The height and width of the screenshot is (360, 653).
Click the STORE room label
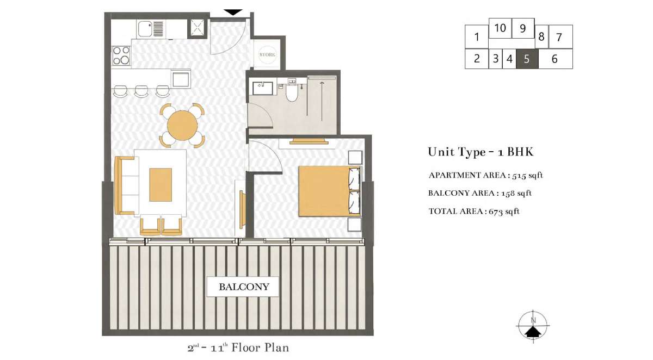pyautogui.click(x=267, y=55)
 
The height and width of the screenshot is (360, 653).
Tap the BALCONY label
pyautogui.click(x=244, y=287)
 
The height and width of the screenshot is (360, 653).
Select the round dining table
pyautogui.click(x=182, y=126)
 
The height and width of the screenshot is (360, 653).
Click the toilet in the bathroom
pyautogui.click(x=292, y=90)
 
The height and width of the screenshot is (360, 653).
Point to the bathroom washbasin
pyautogui.click(x=262, y=88)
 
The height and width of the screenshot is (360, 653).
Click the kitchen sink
pyautogui.click(x=145, y=29)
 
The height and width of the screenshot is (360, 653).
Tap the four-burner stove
pyautogui.click(x=121, y=55)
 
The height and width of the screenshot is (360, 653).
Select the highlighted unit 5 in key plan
pyautogui.click(x=527, y=59)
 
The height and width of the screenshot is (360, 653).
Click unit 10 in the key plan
pyautogui.click(x=500, y=28)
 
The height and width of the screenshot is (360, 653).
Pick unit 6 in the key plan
pyautogui.click(x=555, y=59)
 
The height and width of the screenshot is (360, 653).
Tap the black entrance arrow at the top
pyautogui.click(x=233, y=12)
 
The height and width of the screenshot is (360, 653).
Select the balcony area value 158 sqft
pyautogui.click(x=516, y=193)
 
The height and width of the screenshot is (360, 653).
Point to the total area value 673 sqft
pyautogui.click(x=504, y=211)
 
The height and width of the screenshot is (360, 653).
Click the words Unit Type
pyautogui.click(x=457, y=152)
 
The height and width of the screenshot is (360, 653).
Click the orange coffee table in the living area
pyautogui.click(x=161, y=185)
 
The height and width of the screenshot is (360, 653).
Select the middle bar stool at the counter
pyautogui.click(x=141, y=91)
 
